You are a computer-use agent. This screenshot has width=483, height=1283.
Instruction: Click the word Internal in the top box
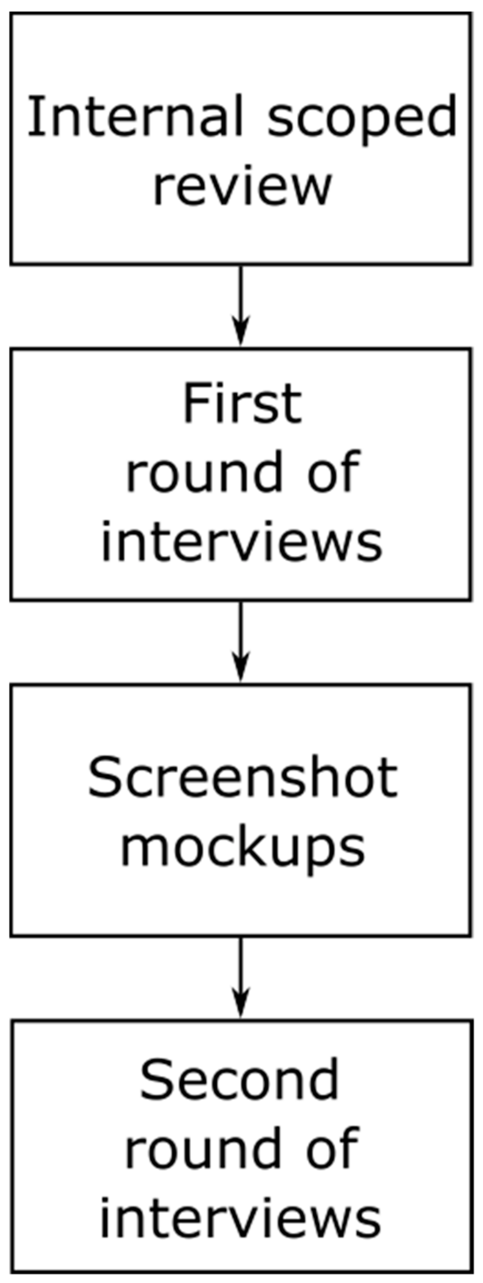click(135, 117)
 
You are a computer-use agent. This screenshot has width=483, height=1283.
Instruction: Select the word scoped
click(362, 118)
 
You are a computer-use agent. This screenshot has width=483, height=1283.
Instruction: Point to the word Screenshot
click(243, 777)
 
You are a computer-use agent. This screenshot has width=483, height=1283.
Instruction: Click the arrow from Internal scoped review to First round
click(241, 299)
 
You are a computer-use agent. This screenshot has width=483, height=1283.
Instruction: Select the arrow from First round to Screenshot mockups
click(241, 635)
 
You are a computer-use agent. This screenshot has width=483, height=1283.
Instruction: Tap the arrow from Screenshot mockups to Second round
click(241, 971)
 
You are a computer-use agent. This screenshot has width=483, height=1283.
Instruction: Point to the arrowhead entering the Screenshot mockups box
click(241, 668)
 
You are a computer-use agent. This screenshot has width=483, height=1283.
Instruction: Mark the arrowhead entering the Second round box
click(241, 1004)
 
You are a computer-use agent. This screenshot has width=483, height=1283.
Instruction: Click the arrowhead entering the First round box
click(241, 331)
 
